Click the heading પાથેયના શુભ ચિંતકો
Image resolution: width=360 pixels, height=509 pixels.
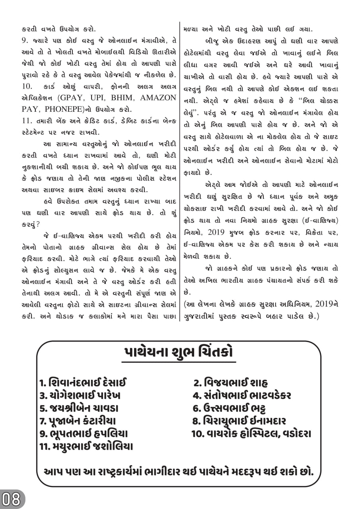(x=179, y=353)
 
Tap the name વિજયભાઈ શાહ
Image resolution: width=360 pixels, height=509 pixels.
(x=231, y=383)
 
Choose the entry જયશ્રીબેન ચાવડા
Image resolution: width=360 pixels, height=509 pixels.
(x=79, y=408)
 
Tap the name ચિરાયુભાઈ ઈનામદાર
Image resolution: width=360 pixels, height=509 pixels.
(x=239, y=421)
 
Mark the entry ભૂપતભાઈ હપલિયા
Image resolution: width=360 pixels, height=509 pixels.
(x=84, y=433)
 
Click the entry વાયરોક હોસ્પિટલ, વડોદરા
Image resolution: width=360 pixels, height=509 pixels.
(x=251, y=433)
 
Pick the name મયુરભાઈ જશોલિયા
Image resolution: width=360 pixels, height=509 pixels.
(x=86, y=446)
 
